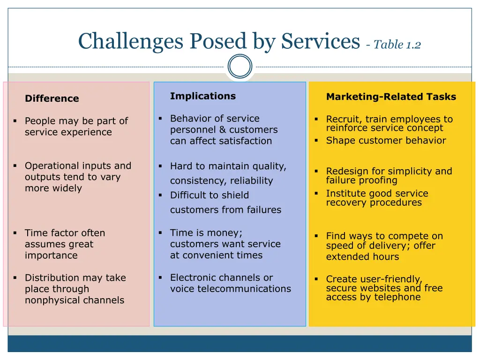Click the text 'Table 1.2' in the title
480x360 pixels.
point(397,45)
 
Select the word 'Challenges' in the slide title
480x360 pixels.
point(131,42)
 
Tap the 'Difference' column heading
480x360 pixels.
point(52,98)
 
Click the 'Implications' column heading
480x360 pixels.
point(203,96)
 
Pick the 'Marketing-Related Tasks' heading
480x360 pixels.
point(391,97)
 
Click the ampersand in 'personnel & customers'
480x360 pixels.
point(223,129)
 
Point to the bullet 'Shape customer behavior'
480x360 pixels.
point(386,140)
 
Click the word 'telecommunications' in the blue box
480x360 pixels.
point(244,288)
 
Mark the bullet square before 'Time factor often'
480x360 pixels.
point(15,233)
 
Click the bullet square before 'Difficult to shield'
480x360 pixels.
point(160,195)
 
